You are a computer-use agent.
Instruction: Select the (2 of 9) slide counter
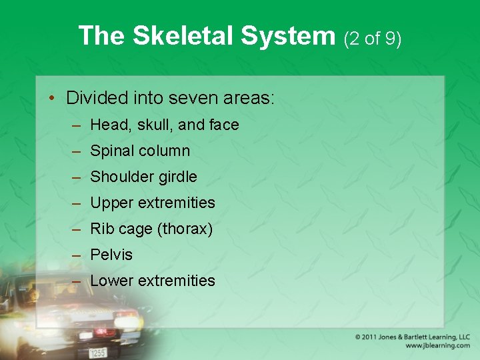click(373, 39)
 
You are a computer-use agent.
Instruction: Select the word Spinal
click(111, 151)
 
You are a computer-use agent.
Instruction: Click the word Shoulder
click(118, 177)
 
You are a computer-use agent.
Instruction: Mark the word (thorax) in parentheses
click(185, 229)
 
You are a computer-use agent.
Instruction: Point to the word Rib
click(102, 229)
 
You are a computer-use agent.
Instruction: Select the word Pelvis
click(111, 255)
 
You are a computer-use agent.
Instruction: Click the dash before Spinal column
click(77, 151)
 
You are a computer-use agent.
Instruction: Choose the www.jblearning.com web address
click(437, 345)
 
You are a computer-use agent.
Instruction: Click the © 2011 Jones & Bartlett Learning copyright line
click(413, 337)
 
